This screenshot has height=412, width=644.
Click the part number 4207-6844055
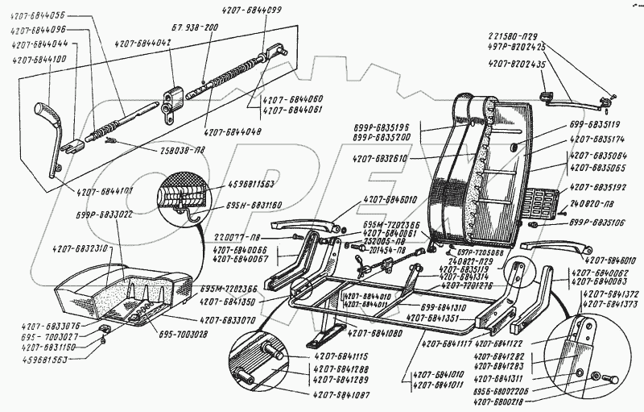(38, 15)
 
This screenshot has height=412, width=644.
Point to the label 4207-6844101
(107, 192)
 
